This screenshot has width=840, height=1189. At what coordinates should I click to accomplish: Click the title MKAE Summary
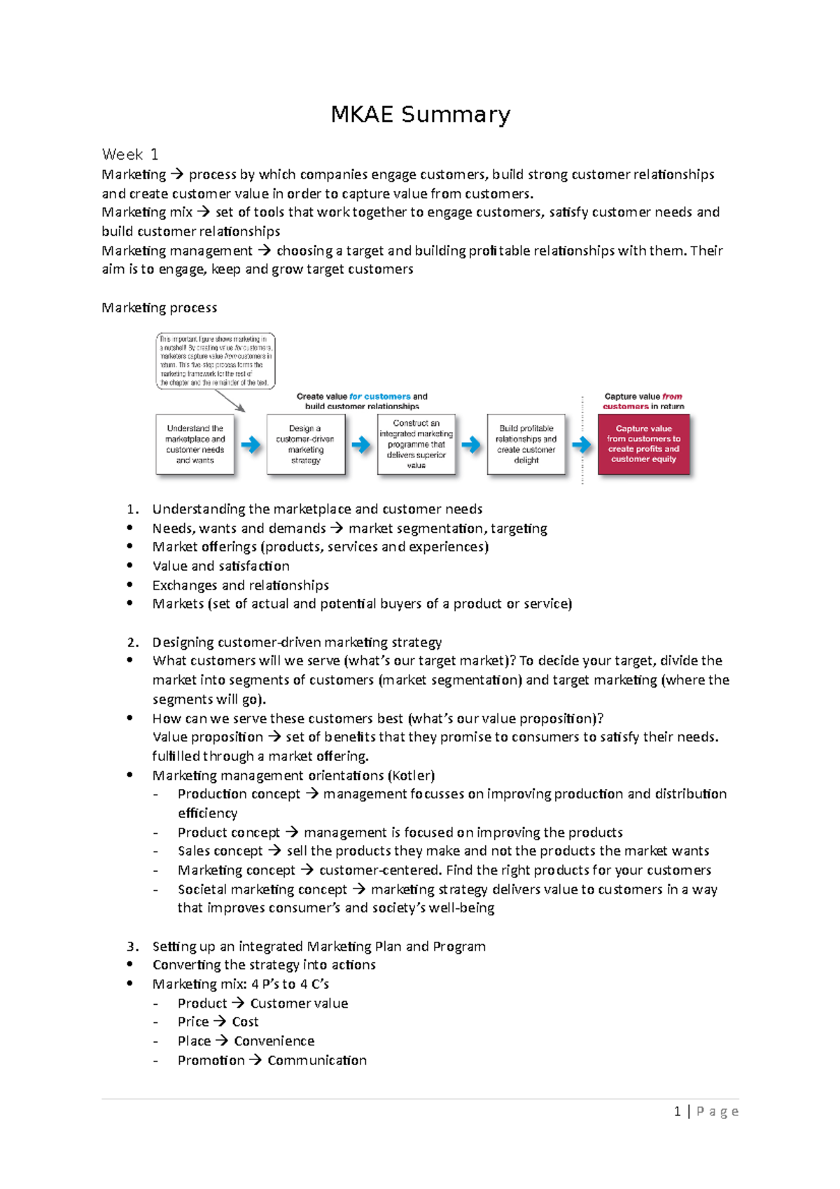pos(420,114)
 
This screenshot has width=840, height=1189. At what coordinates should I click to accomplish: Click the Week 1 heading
pos(130,154)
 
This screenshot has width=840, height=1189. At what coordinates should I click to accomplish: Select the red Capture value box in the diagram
pos(643,444)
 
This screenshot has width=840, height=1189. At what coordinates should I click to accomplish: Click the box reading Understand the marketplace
pos(195,444)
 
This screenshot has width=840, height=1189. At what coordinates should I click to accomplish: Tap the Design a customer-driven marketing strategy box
pos(305,444)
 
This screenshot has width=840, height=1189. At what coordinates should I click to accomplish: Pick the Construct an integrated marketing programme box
pos(416,444)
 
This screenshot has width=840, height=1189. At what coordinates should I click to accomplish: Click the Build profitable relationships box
pos(526,444)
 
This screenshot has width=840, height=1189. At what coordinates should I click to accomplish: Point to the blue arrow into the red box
pos(581,445)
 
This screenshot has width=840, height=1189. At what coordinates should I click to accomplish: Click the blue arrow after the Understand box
pos(250,445)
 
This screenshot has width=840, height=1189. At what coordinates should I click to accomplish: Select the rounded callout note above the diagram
pos(215,361)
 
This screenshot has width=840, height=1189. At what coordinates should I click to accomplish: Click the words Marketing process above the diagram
pos(159,307)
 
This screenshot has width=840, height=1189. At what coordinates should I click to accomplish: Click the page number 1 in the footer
pos(677,1111)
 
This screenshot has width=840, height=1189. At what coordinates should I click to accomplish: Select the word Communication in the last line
pos(317,1060)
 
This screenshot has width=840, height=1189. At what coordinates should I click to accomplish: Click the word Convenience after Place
pos(274,1041)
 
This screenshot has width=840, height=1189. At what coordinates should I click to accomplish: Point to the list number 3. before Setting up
pos(133,946)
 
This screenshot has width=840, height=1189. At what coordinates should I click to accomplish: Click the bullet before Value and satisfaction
pos(130,566)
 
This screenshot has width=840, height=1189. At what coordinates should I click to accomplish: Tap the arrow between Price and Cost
pos(220,1022)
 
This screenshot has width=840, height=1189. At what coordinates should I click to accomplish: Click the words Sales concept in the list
pos(220,851)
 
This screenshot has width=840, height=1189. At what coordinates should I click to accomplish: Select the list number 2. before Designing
pos(133,642)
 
